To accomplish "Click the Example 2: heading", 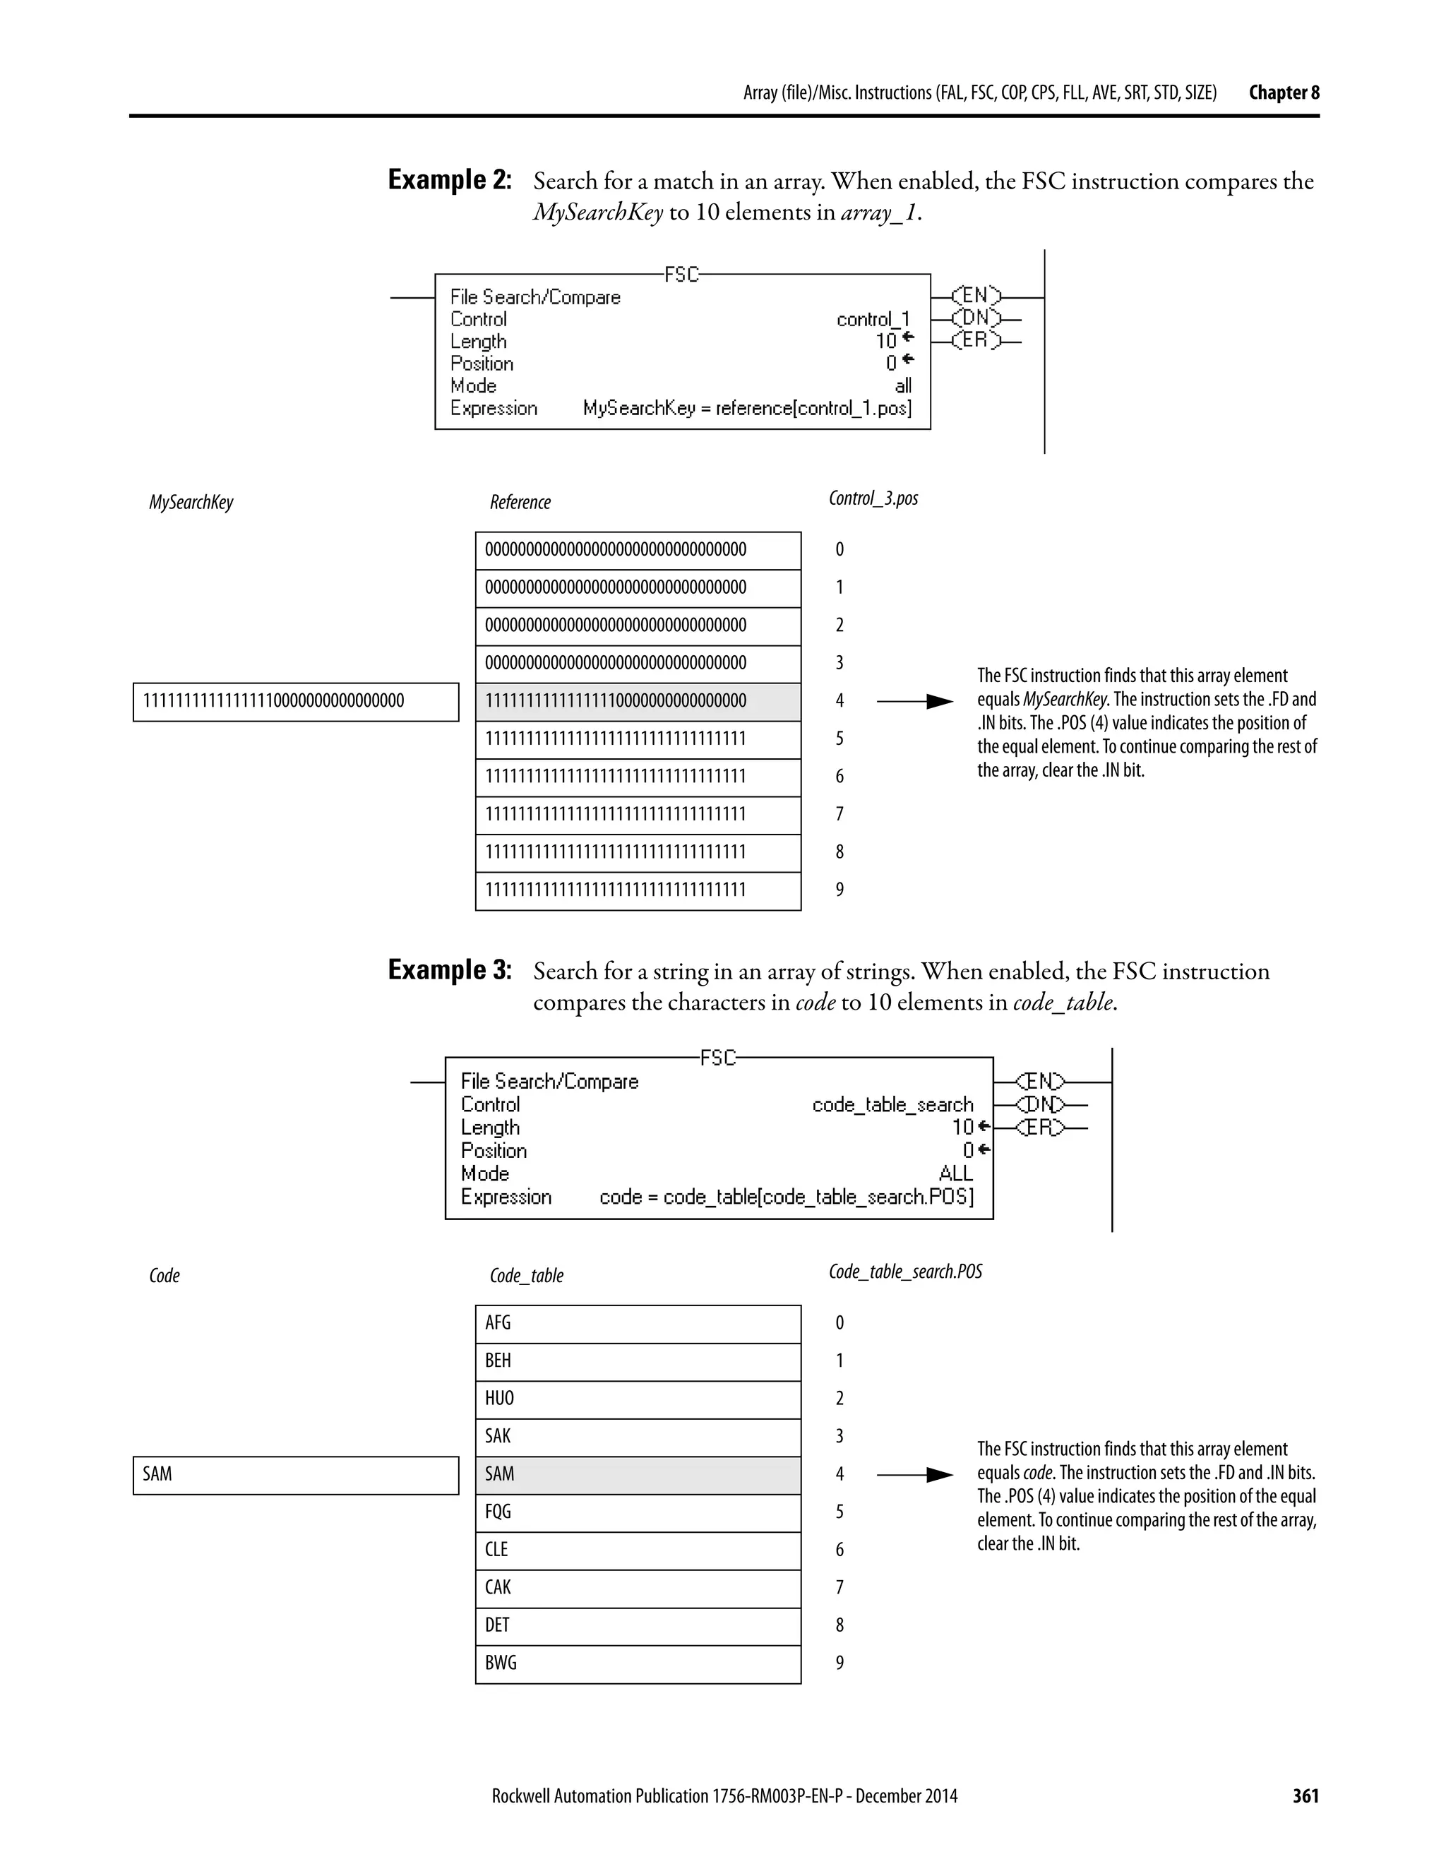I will pos(450,180).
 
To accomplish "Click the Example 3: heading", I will pos(450,970).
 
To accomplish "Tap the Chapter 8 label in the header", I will pos(1283,92).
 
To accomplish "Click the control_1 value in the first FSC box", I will pos(873,320).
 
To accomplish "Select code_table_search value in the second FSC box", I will pos(892,1104).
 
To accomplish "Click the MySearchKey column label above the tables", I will pos(191,502).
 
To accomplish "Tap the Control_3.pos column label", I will pos(873,498).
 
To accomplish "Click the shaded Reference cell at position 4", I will pos(638,701).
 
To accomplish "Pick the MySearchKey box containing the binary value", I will pos(296,701).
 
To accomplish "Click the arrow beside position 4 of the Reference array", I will pos(915,702).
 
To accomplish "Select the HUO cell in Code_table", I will pos(638,1398).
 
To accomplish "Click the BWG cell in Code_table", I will pos(638,1663).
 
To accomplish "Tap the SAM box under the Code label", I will pos(296,1474).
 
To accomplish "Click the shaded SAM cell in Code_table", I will pos(638,1474).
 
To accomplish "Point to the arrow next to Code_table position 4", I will pos(915,1474).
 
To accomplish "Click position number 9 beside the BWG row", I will pos(839,1663).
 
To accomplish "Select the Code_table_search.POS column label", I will pos(904,1272).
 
